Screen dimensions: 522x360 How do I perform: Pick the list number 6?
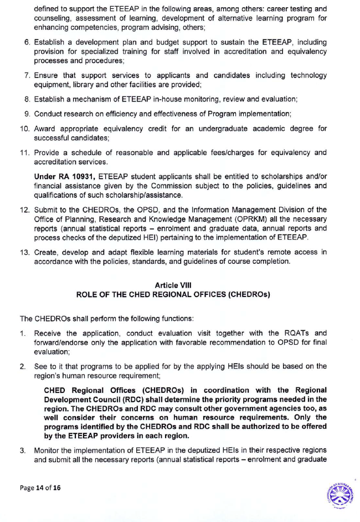[27, 42]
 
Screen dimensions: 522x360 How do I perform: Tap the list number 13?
[25, 252]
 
